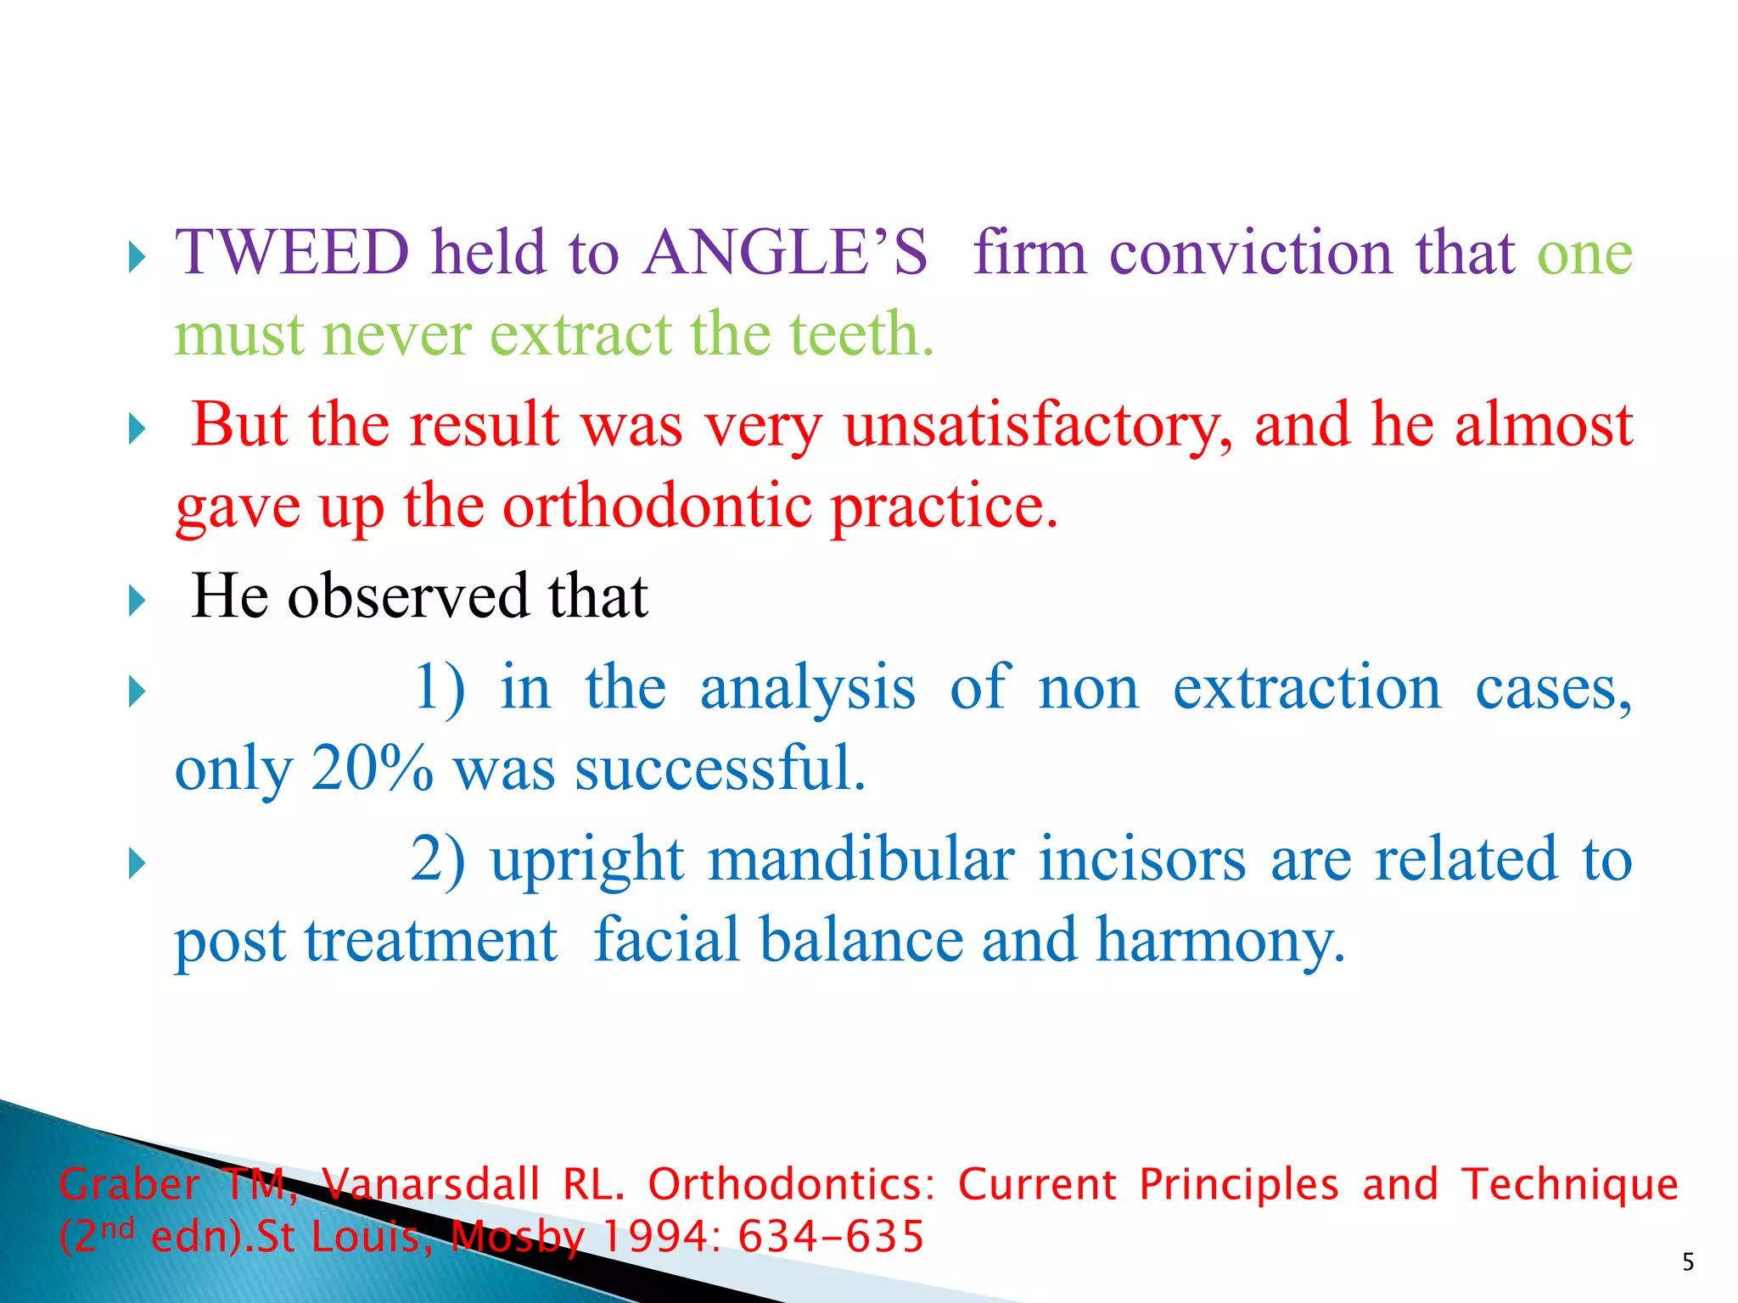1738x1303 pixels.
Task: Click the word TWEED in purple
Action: pyautogui.click(x=292, y=254)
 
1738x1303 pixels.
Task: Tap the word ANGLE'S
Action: pyautogui.click(x=785, y=254)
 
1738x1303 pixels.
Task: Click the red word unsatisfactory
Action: pyautogui.click(x=1038, y=425)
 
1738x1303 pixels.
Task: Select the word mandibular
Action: pyautogui.click(x=861, y=859)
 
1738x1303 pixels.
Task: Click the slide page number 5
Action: pyautogui.click(x=1688, y=1263)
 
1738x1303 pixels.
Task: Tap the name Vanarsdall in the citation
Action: pyautogui.click(x=430, y=1185)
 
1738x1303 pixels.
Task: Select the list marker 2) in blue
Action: pyautogui.click(x=438, y=859)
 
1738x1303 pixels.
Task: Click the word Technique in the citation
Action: pyautogui.click(x=1569, y=1185)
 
